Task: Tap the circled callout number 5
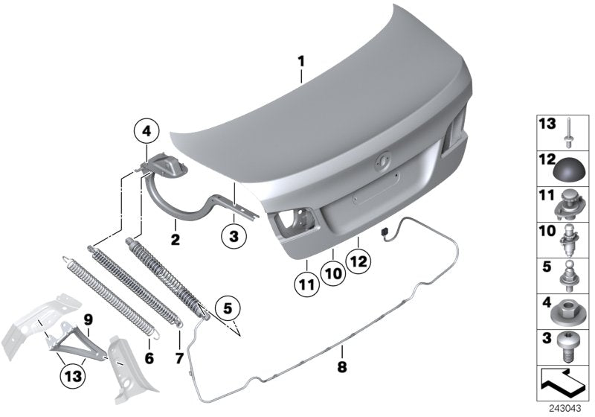tap(228, 306)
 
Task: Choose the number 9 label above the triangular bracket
tap(88, 321)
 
